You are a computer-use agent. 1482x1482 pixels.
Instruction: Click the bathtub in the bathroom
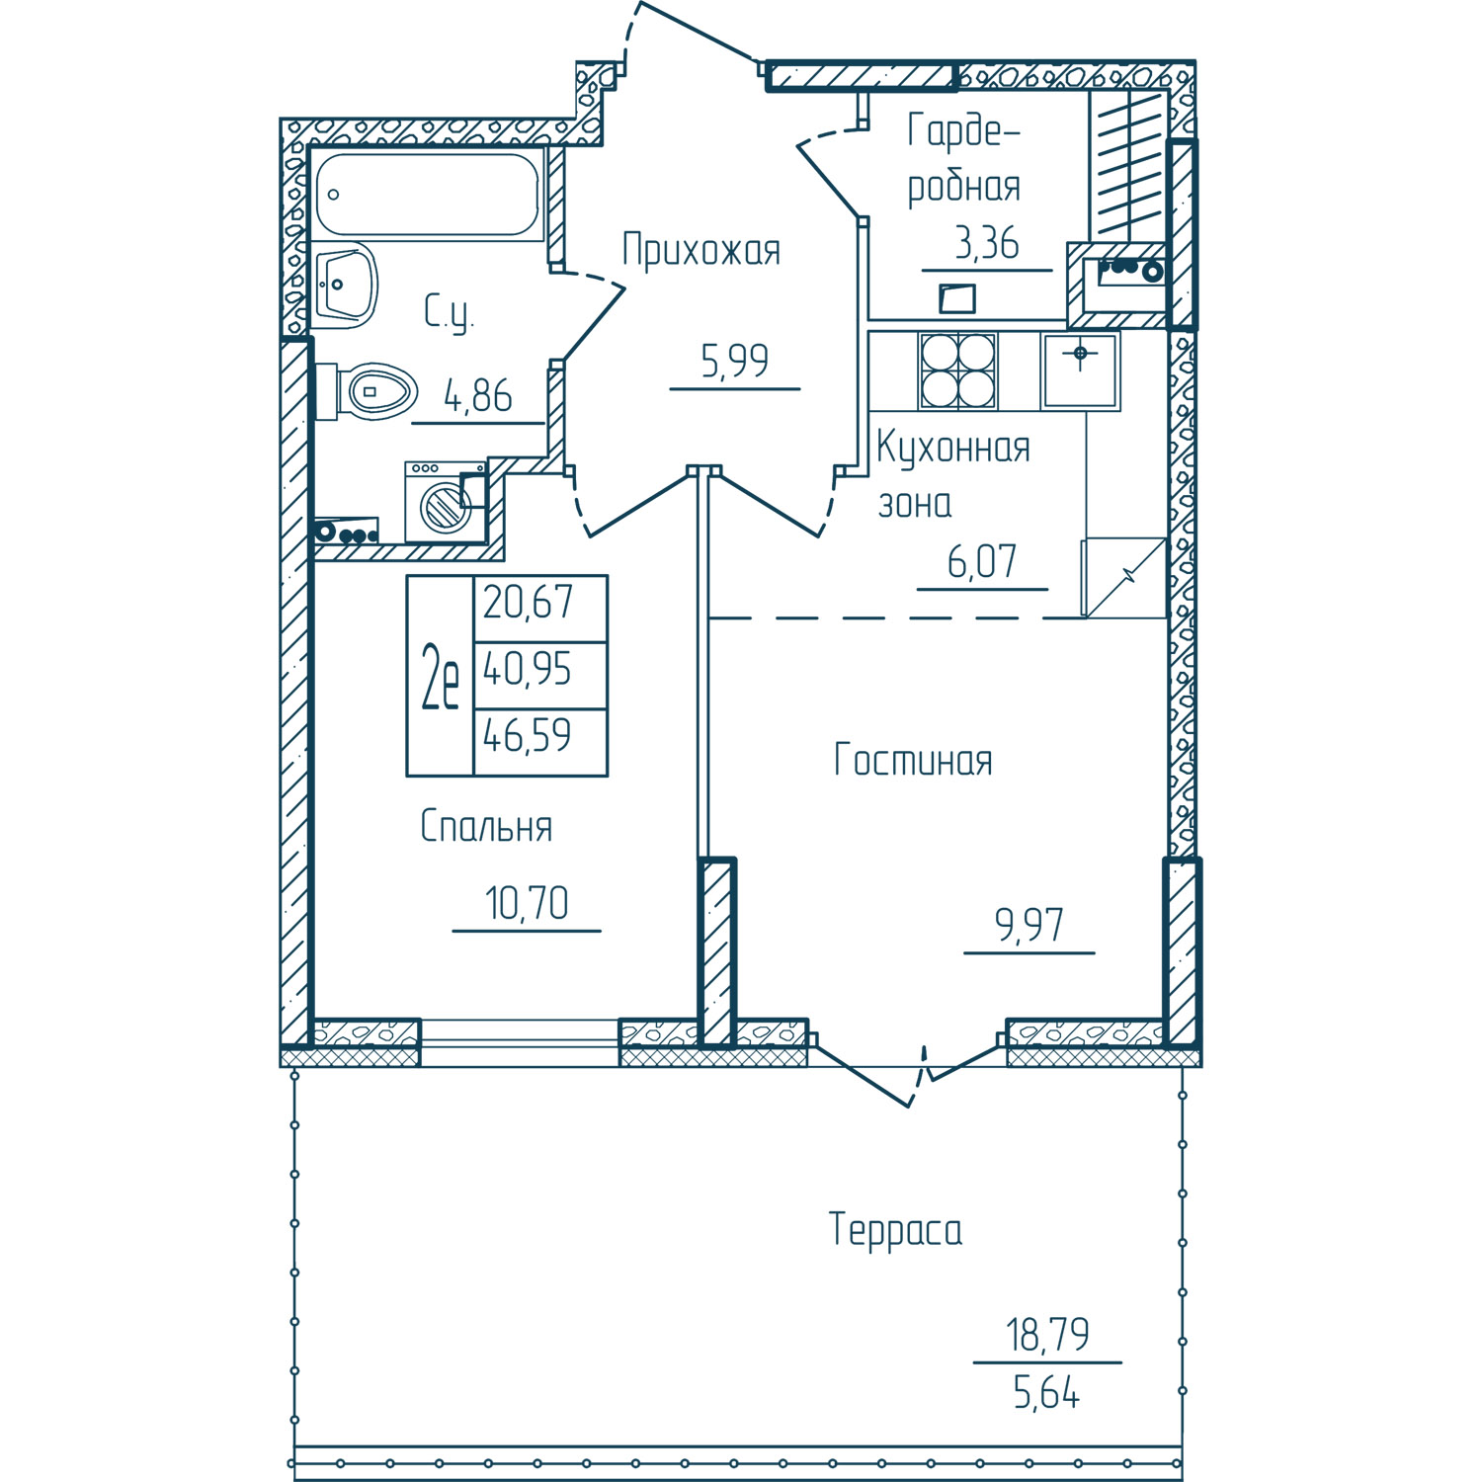[429, 194]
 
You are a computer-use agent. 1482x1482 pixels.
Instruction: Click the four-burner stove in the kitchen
[957, 370]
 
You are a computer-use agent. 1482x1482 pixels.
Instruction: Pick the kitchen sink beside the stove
[1081, 370]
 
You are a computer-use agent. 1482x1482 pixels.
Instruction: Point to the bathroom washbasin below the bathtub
[346, 285]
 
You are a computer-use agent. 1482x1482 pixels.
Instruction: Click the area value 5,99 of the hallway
[734, 362]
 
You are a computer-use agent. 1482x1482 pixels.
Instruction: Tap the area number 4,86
[478, 396]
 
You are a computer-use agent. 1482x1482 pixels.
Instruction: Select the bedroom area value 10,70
[527, 903]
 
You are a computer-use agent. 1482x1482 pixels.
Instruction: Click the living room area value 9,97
[1029, 926]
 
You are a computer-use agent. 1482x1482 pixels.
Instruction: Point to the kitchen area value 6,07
[982, 562]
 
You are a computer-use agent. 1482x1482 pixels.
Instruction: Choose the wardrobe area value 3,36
[986, 243]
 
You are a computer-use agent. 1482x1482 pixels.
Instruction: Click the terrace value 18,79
[1047, 1335]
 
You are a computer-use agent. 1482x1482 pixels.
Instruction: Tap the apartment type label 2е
[440, 676]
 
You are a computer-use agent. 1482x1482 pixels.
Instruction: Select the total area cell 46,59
[527, 736]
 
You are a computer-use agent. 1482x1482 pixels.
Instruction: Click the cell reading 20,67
[528, 602]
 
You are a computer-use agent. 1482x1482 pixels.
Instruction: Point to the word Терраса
[895, 1230]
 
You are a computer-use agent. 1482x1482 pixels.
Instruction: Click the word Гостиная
[913, 761]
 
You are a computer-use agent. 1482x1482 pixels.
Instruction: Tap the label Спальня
[486, 826]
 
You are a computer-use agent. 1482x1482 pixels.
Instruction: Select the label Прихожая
[700, 251]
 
